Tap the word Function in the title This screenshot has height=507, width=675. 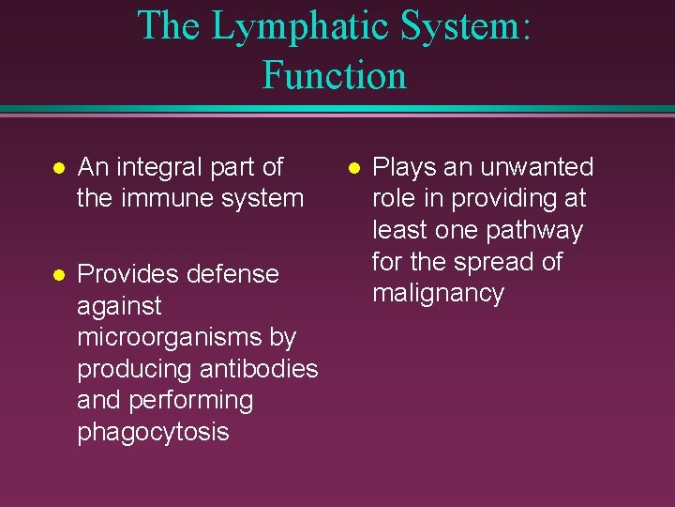335,74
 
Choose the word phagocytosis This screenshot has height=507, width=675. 153,432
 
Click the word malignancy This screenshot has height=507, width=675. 438,293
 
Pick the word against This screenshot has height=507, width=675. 119,306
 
